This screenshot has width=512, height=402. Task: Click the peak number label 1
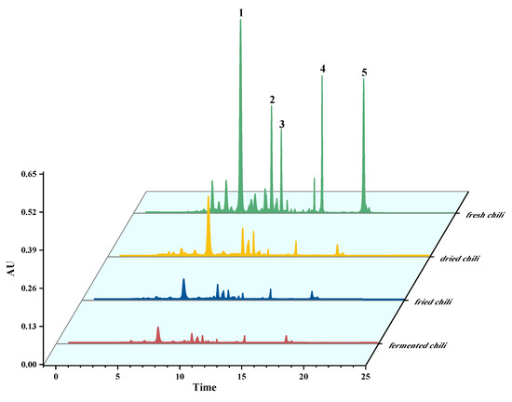click(x=241, y=12)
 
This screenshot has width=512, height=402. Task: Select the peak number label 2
click(x=272, y=100)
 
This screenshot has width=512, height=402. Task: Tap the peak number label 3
click(x=281, y=124)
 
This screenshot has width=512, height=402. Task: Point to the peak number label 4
click(x=322, y=69)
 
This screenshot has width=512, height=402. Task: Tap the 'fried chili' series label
click(x=424, y=301)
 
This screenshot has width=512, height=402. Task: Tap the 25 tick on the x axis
click(x=366, y=378)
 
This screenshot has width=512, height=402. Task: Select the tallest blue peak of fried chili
click(x=183, y=280)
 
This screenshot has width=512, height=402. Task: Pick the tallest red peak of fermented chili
click(x=158, y=328)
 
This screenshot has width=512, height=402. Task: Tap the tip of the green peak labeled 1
click(x=241, y=21)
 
